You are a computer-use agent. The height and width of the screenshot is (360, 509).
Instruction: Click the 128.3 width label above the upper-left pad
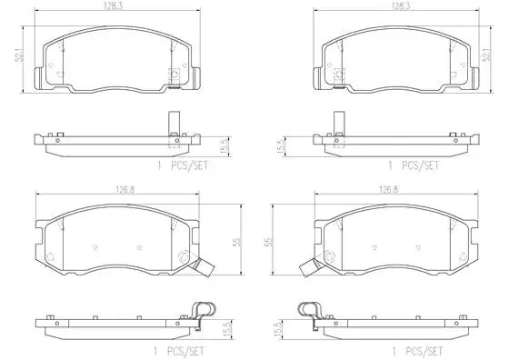(114, 6)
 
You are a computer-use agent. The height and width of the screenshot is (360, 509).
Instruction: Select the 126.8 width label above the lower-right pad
(389, 190)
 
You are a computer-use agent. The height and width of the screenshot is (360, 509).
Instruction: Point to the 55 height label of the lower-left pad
(237, 242)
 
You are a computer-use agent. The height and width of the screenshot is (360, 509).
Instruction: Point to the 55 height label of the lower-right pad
(269, 242)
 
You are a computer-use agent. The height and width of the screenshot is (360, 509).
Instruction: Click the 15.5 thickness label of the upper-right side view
(280, 145)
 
